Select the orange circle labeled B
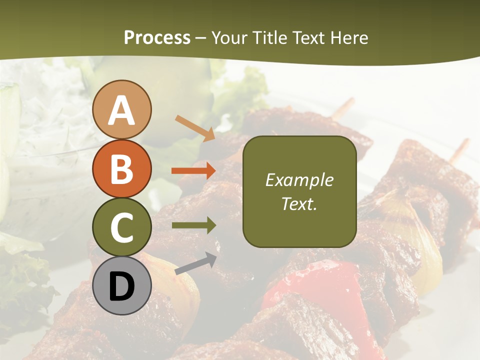point(122,168)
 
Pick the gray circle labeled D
point(122,285)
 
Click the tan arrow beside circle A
point(195,128)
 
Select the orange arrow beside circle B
point(193,170)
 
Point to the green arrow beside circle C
point(193,225)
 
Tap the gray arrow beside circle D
point(195,263)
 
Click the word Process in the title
point(157,37)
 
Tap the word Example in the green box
point(299,180)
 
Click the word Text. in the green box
point(299,203)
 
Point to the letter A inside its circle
point(122,111)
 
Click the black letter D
point(122,286)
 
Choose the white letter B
point(122,169)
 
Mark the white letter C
point(122,227)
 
